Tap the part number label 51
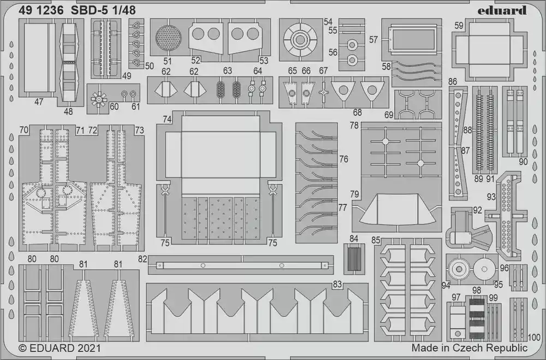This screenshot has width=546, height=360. [168, 61]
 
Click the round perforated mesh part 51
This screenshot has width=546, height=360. [168, 38]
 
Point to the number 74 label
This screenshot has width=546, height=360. [167, 119]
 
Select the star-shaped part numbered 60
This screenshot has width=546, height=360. [98, 99]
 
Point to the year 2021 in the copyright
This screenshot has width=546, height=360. [88, 348]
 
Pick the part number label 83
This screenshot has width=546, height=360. [337, 284]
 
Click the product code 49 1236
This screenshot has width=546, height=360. [41, 10]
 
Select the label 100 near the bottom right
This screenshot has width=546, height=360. [534, 337]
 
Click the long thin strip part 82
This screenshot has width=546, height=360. [241, 265]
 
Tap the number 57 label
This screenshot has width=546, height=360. [373, 40]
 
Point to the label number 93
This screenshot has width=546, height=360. [491, 197]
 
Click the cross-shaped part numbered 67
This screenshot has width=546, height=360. [323, 93]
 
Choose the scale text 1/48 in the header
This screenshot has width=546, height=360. [124, 10]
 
